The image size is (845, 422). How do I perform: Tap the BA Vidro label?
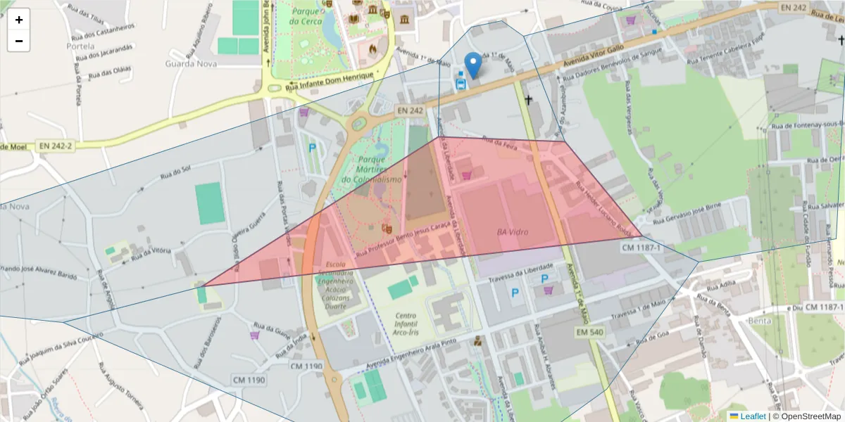[512, 232]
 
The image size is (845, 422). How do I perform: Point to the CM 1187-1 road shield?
[642, 248]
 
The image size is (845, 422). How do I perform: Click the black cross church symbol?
[528, 100]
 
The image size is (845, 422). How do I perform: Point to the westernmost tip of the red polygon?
[203, 285]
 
